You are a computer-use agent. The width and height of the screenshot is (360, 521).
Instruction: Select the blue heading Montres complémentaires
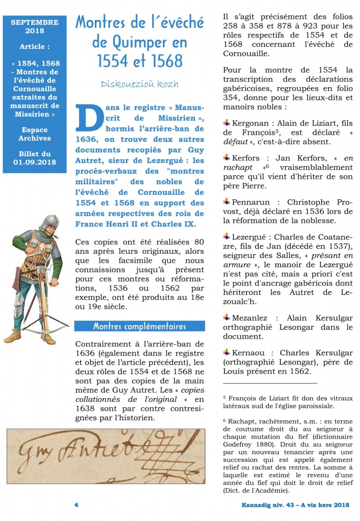point(139,326)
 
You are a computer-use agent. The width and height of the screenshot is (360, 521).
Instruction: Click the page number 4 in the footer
point(76,505)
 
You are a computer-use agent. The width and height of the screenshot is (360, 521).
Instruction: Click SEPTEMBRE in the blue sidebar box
point(34,22)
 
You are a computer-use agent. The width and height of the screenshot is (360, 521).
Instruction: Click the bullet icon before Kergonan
point(227,123)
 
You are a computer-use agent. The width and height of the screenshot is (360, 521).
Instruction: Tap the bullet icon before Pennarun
point(227,202)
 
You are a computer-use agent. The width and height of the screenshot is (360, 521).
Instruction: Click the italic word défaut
point(235,141)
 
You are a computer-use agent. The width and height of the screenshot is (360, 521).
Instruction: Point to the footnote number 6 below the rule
point(225,420)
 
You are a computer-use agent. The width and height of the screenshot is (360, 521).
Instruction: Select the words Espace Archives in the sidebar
point(34,134)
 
